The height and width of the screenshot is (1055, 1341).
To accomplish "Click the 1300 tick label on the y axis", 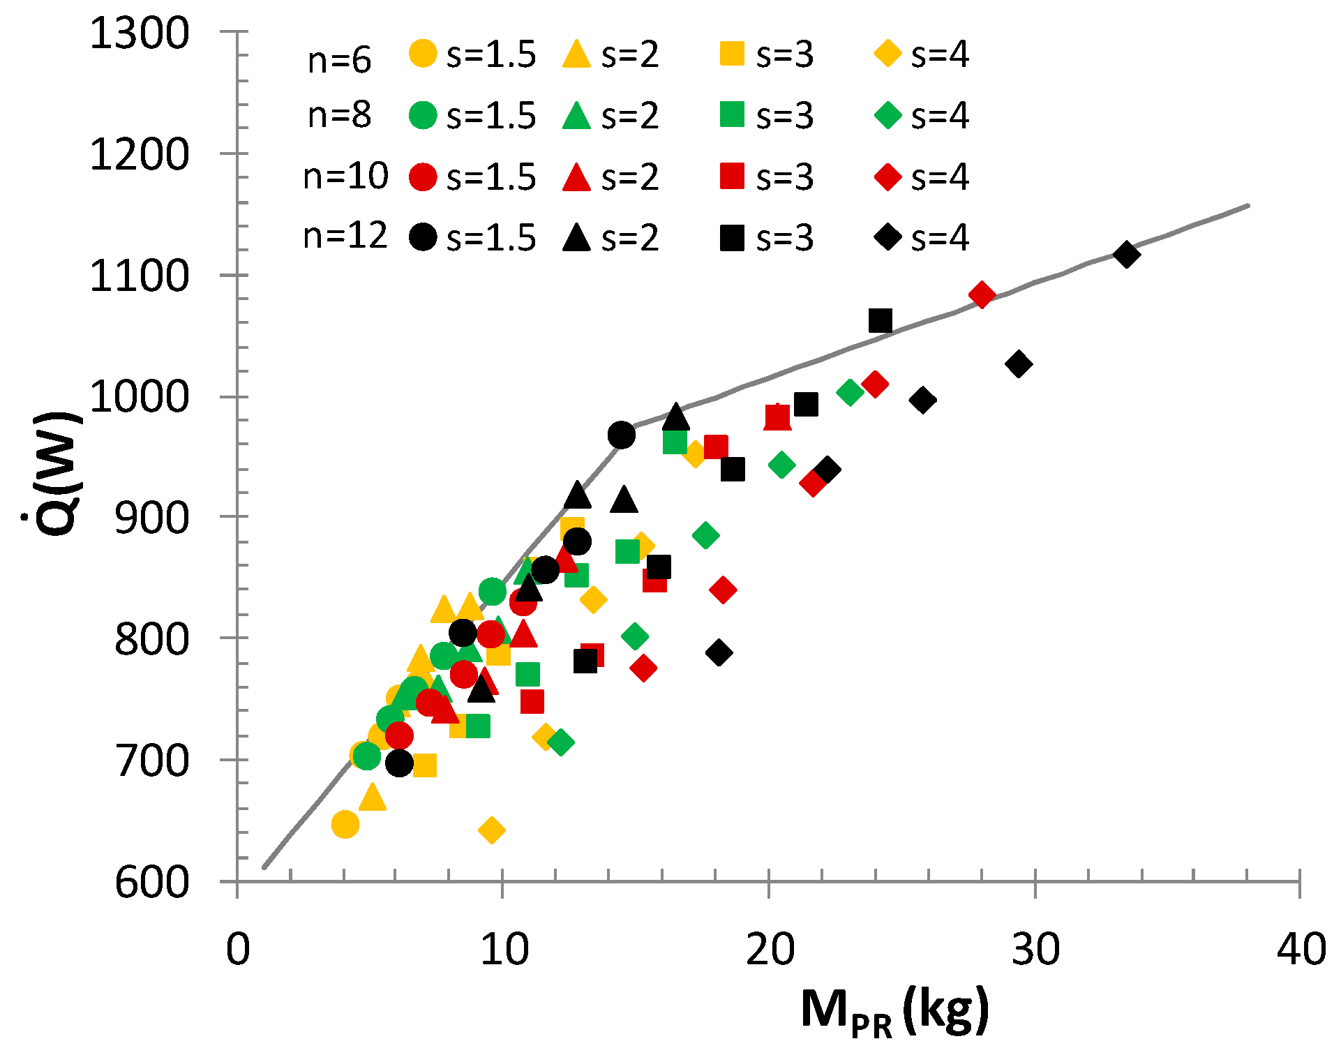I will pos(140,33).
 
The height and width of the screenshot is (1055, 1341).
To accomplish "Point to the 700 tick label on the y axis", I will pos(151,761).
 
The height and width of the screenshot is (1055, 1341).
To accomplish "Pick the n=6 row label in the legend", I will pos(340,60).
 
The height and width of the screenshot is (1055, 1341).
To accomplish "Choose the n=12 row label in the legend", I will pos(345,236).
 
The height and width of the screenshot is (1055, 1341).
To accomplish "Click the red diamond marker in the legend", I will pos(888,177).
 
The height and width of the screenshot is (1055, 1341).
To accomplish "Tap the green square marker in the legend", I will pos(732,115).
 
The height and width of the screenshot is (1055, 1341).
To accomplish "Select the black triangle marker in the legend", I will pos(577,238).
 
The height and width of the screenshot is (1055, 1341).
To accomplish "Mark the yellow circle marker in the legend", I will pos(423,54).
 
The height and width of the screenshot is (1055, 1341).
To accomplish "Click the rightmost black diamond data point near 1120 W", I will pos(1127,255).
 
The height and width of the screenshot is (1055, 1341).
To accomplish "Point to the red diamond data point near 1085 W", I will pos(982,295).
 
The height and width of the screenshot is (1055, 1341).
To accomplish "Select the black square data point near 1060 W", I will pos(881,321).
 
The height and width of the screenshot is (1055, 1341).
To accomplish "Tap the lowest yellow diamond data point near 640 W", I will pos(492,830).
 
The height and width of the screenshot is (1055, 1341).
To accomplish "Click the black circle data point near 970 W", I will pos(621,435).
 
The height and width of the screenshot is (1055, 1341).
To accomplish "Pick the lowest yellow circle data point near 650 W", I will pos(345,824).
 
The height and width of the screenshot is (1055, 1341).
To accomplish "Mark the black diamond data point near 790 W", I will pos(719,653).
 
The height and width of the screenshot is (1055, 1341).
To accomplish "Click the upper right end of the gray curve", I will pos(1248,206).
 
